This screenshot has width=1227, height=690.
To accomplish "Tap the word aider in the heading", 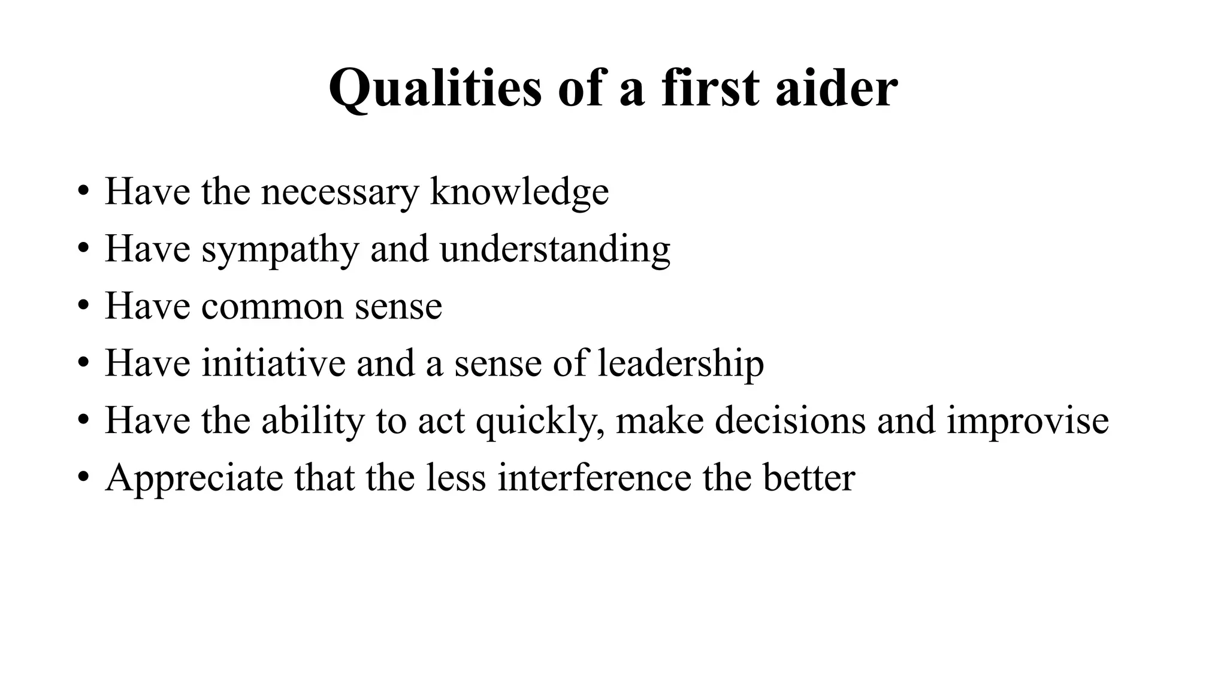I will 836,87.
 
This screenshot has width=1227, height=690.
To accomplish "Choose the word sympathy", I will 280,249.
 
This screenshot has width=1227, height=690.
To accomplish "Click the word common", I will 272,306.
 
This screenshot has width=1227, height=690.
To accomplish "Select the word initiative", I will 273,363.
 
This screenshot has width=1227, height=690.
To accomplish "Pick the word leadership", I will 681,363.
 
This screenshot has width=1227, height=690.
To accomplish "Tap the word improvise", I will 1027,420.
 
